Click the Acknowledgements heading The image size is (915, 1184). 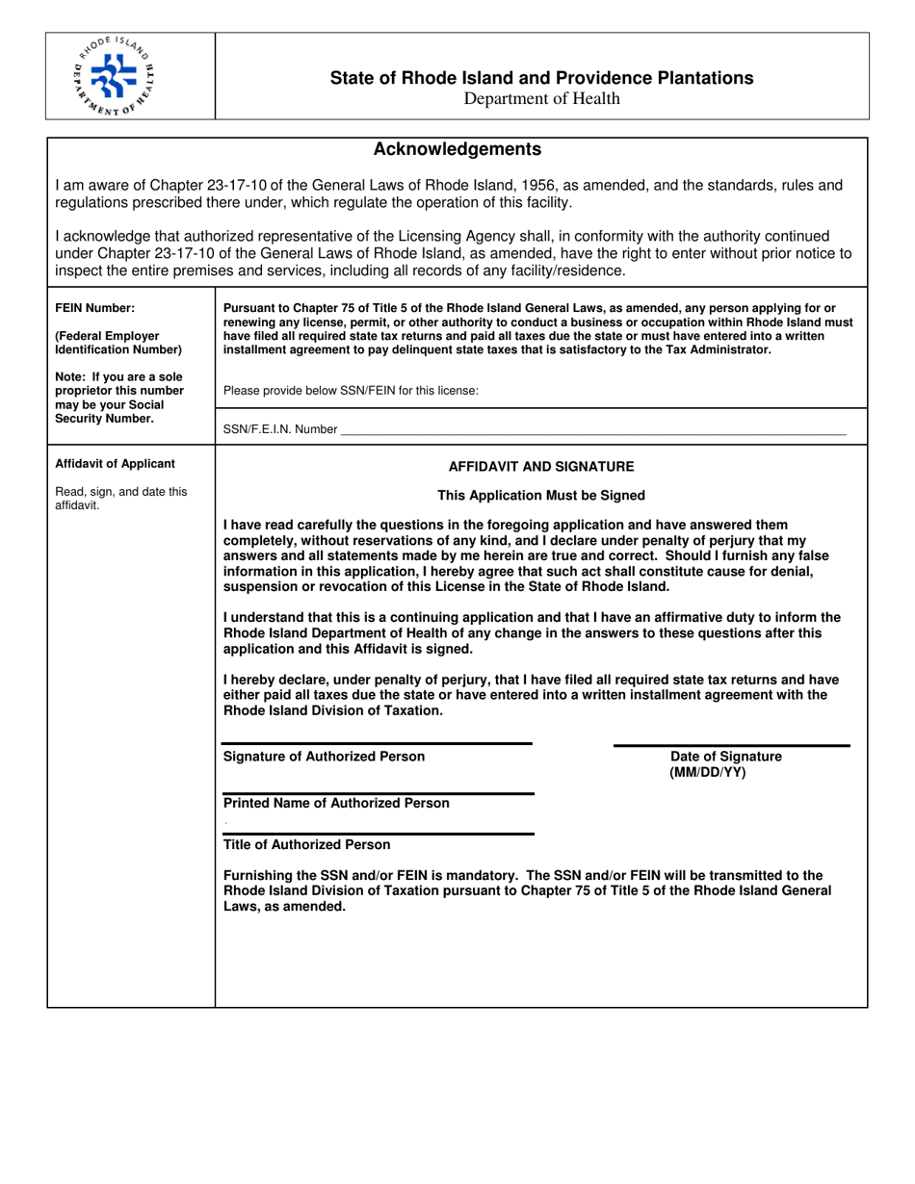click(x=457, y=149)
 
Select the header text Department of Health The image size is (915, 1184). click(x=541, y=98)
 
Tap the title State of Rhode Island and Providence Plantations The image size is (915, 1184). click(x=541, y=78)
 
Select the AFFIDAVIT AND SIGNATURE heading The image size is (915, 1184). click(x=541, y=467)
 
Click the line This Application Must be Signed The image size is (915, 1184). click(x=541, y=496)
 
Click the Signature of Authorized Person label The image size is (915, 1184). click(x=324, y=757)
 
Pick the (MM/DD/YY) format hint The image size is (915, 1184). click(x=707, y=772)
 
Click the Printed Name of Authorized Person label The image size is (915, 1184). click(x=336, y=803)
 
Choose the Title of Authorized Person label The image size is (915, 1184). click(x=307, y=844)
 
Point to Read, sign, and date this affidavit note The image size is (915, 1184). click(x=121, y=498)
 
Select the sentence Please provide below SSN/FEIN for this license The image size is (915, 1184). click(x=351, y=391)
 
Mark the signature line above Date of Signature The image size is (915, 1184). click(x=731, y=745)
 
